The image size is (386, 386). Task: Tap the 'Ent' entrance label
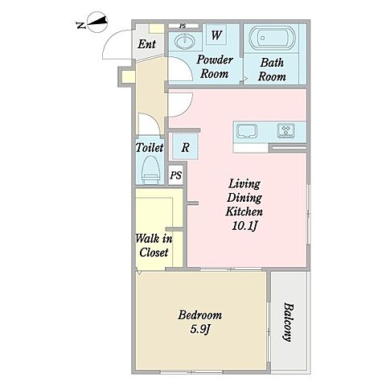(x=146, y=44)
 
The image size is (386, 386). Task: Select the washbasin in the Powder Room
(x=185, y=42)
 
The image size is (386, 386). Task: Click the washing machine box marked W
(x=216, y=35)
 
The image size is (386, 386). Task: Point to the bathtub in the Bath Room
(x=272, y=38)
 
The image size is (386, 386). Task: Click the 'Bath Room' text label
(x=272, y=69)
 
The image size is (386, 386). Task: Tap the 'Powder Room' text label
(x=215, y=67)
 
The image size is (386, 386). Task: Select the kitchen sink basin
(x=247, y=131)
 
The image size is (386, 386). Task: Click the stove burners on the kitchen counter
(x=286, y=130)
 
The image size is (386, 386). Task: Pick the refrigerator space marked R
(x=185, y=147)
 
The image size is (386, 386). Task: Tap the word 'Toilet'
(x=150, y=147)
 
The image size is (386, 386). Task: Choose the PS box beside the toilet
(x=176, y=175)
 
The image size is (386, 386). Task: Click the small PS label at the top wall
(x=183, y=26)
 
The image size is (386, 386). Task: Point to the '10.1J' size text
(x=244, y=226)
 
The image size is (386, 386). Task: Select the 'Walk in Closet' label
(x=154, y=245)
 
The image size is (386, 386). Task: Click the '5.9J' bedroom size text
(x=199, y=329)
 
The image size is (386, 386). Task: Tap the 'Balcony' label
(x=288, y=322)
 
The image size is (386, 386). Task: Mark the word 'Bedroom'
(x=200, y=315)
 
